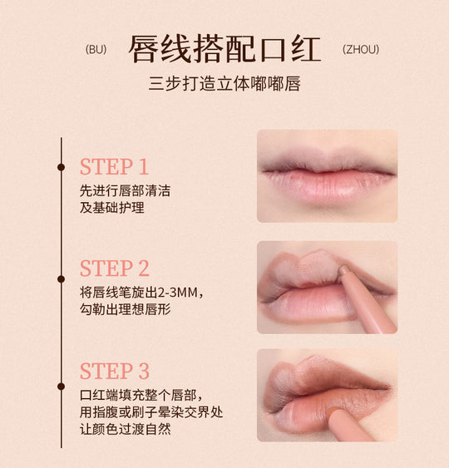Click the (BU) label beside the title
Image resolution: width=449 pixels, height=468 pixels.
(96, 49)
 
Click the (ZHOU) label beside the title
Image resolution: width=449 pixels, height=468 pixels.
(360, 49)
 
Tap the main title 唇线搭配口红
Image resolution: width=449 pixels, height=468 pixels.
(224, 49)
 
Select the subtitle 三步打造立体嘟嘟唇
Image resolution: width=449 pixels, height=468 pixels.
(224, 83)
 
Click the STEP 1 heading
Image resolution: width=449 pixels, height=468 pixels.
(114, 166)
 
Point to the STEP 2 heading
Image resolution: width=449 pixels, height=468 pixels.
(115, 268)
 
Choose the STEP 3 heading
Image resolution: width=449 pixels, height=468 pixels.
(115, 371)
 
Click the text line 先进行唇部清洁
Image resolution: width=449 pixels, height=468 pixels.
(125, 190)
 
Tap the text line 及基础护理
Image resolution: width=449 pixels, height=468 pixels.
(112, 208)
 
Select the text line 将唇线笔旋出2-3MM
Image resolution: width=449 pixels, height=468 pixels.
(141, 293)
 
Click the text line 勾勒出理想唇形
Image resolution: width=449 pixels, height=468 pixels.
(126, 310)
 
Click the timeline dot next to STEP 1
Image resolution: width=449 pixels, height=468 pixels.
(61, 167)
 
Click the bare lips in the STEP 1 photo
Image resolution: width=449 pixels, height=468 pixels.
(327, 176)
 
